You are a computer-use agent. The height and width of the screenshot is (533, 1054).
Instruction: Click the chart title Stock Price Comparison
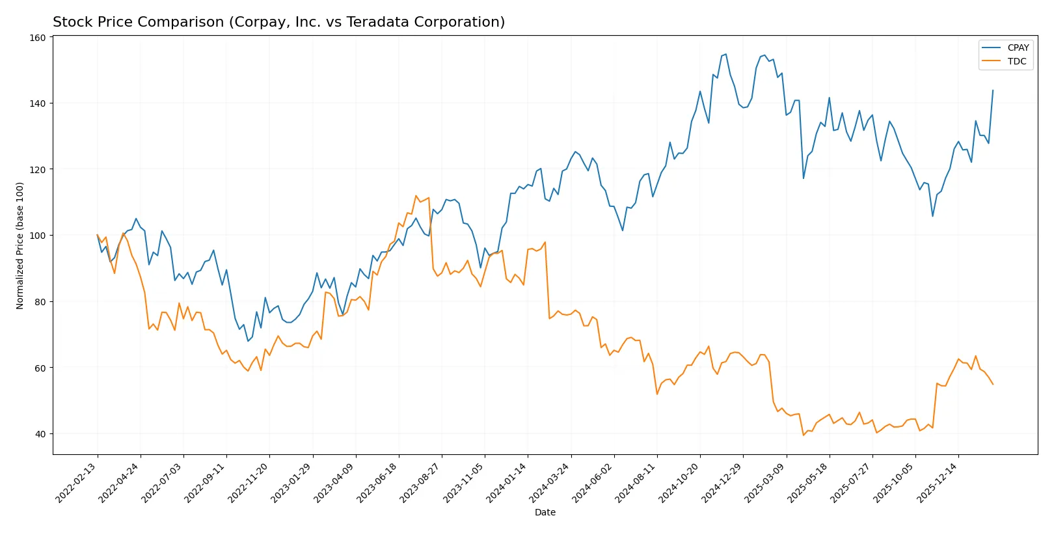tap(278, 22)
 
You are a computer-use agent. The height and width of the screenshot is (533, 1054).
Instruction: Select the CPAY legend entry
tap(1018, 48)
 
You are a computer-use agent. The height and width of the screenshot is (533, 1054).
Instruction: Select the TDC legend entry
tap(1016, 61)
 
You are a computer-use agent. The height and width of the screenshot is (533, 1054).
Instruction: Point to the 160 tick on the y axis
tap(38, 38)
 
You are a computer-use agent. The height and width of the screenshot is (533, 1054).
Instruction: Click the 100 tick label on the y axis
tap(38, 236)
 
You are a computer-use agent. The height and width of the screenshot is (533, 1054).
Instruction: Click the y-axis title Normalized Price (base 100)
tap(20, 245)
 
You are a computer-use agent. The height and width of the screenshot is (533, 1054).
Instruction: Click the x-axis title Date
tap(545, 512)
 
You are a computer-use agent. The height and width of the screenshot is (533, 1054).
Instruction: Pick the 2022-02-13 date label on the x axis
tap(77, 482)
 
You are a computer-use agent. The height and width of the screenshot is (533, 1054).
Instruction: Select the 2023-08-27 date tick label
tap(421, 482)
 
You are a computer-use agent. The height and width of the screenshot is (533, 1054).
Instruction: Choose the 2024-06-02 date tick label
tap(593, 482)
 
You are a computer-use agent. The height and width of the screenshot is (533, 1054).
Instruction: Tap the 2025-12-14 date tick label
tap(938, 482)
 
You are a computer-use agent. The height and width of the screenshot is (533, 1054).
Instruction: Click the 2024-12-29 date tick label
tap(722, 482)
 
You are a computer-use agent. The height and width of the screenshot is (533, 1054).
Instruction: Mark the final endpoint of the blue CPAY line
tap(993, 90)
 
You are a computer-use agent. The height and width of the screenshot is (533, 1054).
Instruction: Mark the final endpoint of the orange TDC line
tap(993, 384)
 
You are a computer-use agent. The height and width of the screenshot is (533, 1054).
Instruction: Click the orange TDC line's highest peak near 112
tap(416, 195)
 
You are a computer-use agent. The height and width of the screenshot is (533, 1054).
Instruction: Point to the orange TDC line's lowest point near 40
tap(804, 435)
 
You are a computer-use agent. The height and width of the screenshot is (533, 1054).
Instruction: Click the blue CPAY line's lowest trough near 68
tap(248, 341)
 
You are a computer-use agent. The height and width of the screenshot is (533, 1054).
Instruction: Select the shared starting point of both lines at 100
tap(98, 235)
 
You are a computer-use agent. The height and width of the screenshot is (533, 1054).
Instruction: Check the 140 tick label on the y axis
tap(38, 103)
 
